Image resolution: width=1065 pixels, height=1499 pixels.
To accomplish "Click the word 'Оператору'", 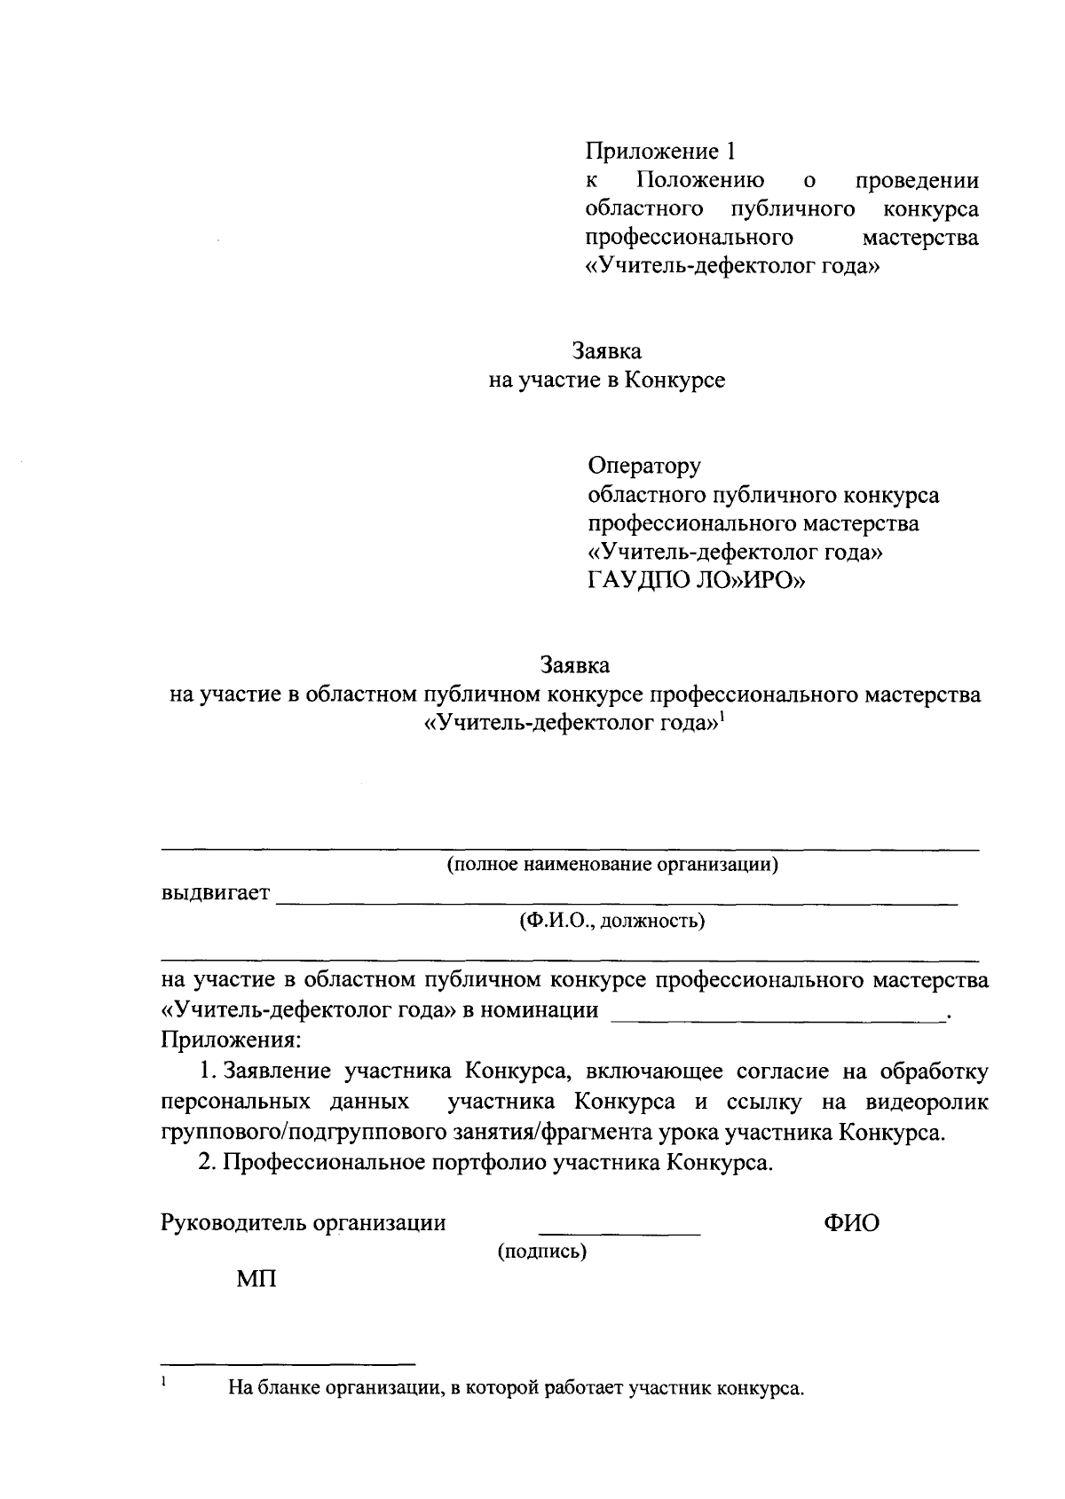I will [644, 465].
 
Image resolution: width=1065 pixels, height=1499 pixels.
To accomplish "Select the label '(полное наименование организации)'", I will [612, 864].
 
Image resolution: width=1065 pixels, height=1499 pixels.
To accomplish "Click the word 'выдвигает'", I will [216, 892].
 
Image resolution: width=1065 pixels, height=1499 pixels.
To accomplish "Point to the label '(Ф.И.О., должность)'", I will [612, 921].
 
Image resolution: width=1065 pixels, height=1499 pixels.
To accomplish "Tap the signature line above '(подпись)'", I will [619, 1233].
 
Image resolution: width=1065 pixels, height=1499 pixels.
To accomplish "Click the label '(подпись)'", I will [541, 1252].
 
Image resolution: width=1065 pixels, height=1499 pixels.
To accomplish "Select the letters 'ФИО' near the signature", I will [851, 1223].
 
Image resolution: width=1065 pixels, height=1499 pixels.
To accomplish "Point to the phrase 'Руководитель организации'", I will [304, 1223].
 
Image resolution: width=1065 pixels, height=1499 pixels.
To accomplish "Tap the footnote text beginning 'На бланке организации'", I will [516, 1388].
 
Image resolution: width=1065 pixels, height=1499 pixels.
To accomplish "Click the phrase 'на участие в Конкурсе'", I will [607, 381].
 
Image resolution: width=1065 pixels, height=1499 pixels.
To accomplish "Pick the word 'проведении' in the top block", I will [917, 181].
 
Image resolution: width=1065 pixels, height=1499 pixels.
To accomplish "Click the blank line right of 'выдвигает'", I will [617, 902].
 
